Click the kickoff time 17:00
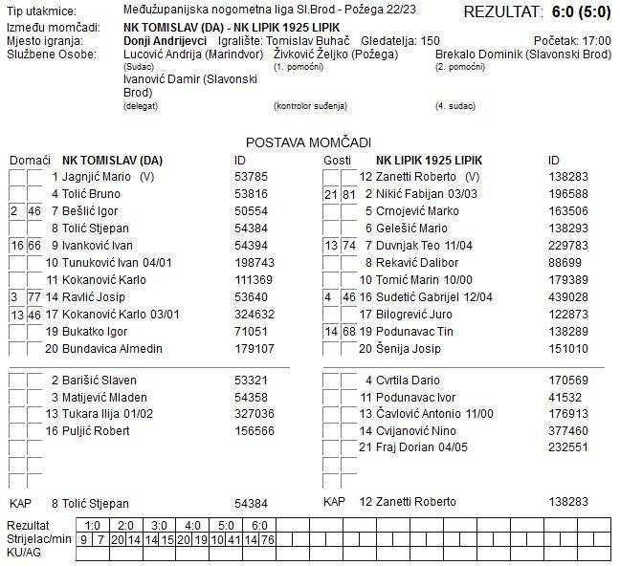click(596, 41)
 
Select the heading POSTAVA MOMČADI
click(309, 141)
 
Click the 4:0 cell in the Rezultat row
click(192, 525)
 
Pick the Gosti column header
click(337, 159)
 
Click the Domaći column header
click(30, 159)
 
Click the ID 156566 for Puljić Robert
click(255, 431)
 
